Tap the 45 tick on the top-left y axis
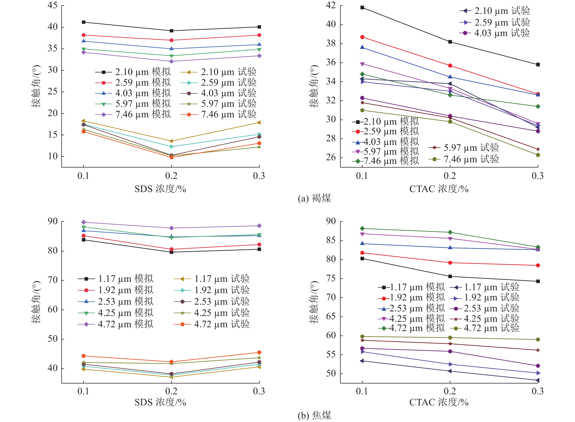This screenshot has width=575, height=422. (x=53, y=5)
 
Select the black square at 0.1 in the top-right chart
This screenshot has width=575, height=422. (x=362, y=8)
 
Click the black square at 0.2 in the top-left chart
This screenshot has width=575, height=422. (x=171, y=31)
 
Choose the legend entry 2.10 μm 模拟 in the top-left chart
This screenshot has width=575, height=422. (x=133, y=72)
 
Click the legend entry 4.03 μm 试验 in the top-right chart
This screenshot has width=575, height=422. (x=494, y=33)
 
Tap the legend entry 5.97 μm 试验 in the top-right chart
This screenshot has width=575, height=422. (x=464, y=148)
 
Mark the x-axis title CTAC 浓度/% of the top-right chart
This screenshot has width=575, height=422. (x=439, y=189)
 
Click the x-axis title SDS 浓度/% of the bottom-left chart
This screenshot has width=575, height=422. (x=160, y=402)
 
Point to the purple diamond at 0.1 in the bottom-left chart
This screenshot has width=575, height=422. (x=84, y=222)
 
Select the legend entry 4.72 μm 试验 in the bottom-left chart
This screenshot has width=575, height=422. (x=212, y=324)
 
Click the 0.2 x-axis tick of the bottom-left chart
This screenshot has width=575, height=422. (x=171, y=391)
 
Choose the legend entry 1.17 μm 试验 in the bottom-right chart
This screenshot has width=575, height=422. (x=485, y=287)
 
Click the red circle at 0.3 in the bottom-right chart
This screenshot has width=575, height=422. (x=538, y=266)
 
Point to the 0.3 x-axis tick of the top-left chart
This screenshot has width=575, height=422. (x=259, y=176)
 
